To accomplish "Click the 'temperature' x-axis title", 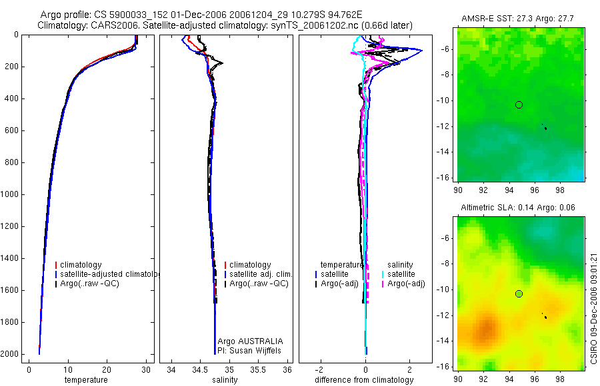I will (x=85, y=380).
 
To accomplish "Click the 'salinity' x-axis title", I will (x=225, y=380).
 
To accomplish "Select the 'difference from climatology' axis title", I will (x=364, y=380).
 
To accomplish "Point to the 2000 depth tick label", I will (x=9, y=354).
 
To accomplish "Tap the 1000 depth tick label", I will (x=9, y=194).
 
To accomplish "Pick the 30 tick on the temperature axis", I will (x=145, y=369).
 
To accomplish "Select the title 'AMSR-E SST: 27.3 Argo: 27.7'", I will (x=520, y=19).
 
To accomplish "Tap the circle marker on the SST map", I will (x=519, y=104).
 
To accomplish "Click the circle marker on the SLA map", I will (x=519, y=293).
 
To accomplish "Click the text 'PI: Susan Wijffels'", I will (x=249, y=350).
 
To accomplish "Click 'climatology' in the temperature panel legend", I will (x=81, y=265).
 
